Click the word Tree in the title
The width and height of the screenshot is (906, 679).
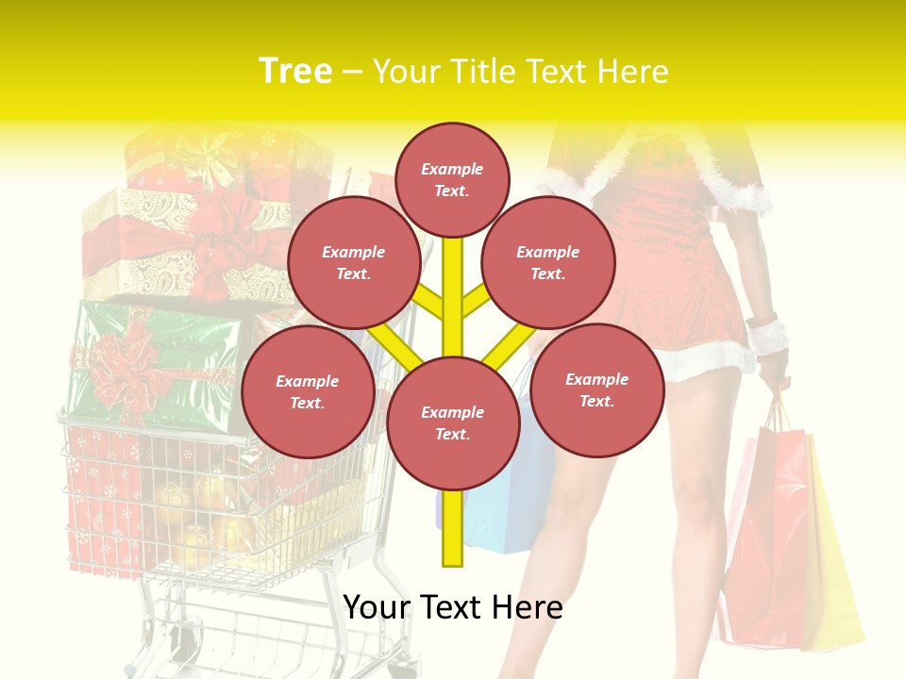coord(295,71)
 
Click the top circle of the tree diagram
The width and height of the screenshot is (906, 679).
coord(452,179)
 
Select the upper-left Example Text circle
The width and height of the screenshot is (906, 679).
coord(353,262)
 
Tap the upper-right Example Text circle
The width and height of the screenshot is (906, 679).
coord(547,262)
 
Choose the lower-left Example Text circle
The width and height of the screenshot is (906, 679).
coord(307,391)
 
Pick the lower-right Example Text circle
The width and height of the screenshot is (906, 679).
coord(596,389)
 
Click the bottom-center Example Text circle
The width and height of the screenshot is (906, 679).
coord(452,422)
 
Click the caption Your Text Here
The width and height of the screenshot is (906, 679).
coord(452,607)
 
